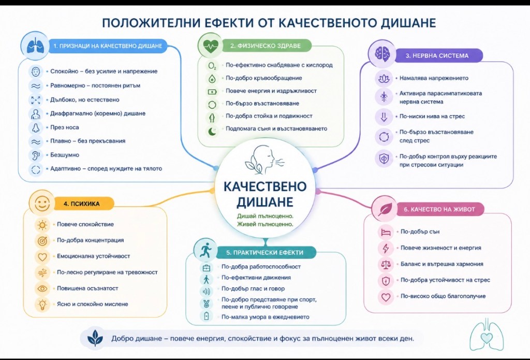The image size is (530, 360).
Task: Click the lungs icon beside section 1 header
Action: point(35,46)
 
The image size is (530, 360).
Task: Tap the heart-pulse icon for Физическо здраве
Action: point(210,45)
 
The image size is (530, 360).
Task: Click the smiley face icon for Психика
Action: point(42,204)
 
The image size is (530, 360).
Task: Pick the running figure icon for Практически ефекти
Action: point(205,250)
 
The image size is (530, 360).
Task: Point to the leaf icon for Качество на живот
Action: point(385,209)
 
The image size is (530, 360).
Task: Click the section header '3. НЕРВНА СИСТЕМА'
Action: point(437,56)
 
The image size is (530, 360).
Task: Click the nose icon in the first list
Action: point(36,127)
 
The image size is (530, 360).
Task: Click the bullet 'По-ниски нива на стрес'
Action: point(432,117)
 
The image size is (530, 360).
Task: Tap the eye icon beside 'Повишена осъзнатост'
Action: point(42,289)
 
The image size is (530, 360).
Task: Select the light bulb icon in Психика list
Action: point(42,305)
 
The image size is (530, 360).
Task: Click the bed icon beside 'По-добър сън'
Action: point(386,232)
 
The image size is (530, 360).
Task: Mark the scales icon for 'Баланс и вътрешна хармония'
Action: point(386,264)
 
